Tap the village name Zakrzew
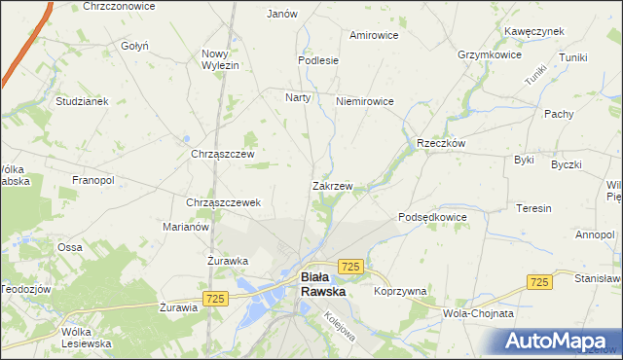[x=332, y=185]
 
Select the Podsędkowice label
[x=433, y=217]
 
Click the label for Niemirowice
[x=364, y=100]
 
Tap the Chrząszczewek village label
[x=223, y=202]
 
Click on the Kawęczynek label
[x=534, y=31]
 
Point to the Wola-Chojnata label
[x=478, y=314]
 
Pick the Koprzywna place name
[x=401, y=291]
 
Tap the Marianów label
[x=186, y=227]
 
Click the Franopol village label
[x=93, y=180]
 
